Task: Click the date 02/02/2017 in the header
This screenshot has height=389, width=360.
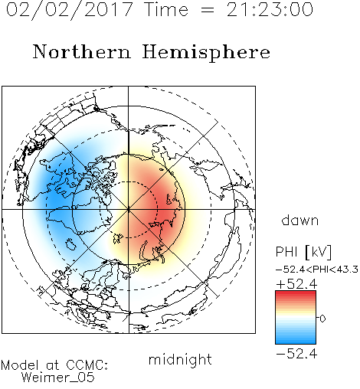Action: click(70, 10)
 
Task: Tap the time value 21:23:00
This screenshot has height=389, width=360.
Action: click(270, 10)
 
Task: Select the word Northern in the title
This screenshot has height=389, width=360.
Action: click(82, 51)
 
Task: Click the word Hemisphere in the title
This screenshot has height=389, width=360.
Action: click(206, 53)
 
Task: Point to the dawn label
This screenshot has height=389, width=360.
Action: click(300, 220)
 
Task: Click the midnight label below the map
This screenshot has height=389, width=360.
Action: click(180, 360)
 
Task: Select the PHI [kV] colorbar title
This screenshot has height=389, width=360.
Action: click(303, 252)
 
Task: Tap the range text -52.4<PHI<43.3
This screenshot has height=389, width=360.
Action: click(317, 270)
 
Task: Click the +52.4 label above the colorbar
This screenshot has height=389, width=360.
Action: click(296, 284)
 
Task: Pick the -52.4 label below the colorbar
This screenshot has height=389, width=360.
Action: click(296, 354)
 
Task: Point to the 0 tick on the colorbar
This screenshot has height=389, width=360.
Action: click(322, 319)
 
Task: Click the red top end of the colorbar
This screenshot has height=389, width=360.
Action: click(296, 293)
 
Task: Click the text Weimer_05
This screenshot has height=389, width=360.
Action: click(58, 378)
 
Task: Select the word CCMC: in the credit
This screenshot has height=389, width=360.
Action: click(87, 365)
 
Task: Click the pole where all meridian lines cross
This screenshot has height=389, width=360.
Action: click(129, 209)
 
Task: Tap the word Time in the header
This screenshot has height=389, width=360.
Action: click(166, 10)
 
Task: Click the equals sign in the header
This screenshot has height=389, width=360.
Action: click(208, 10)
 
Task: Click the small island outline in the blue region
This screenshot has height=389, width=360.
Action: click(70, 244)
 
